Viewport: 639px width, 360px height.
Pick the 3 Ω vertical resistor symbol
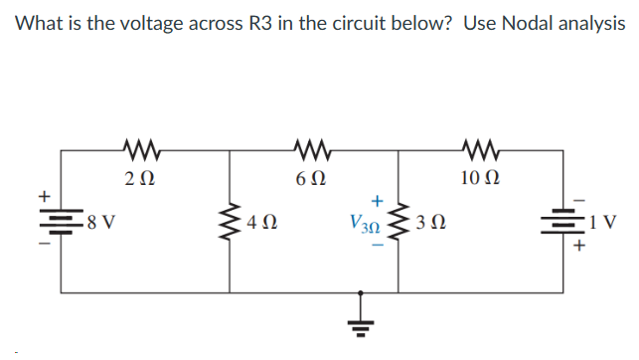tap(401, 223)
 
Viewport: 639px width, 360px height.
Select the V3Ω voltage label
tap(363, 224)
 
